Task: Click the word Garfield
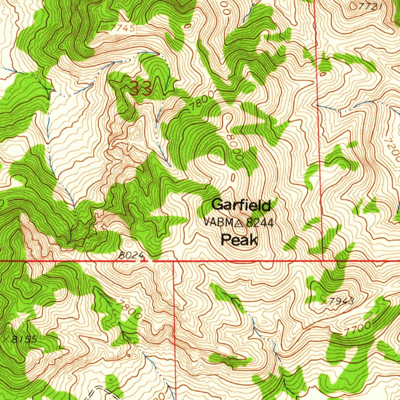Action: pos(241,205)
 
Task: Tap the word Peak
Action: pos(239,240)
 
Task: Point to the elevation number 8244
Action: pos(260,223)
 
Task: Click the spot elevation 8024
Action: pos(130,255)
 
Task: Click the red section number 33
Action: pos(141,89)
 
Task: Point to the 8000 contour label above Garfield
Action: pos(234,148)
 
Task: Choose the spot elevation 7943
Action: pos(342,301)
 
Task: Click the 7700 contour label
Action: pos(357,329)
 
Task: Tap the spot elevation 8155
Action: pos(24,339)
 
